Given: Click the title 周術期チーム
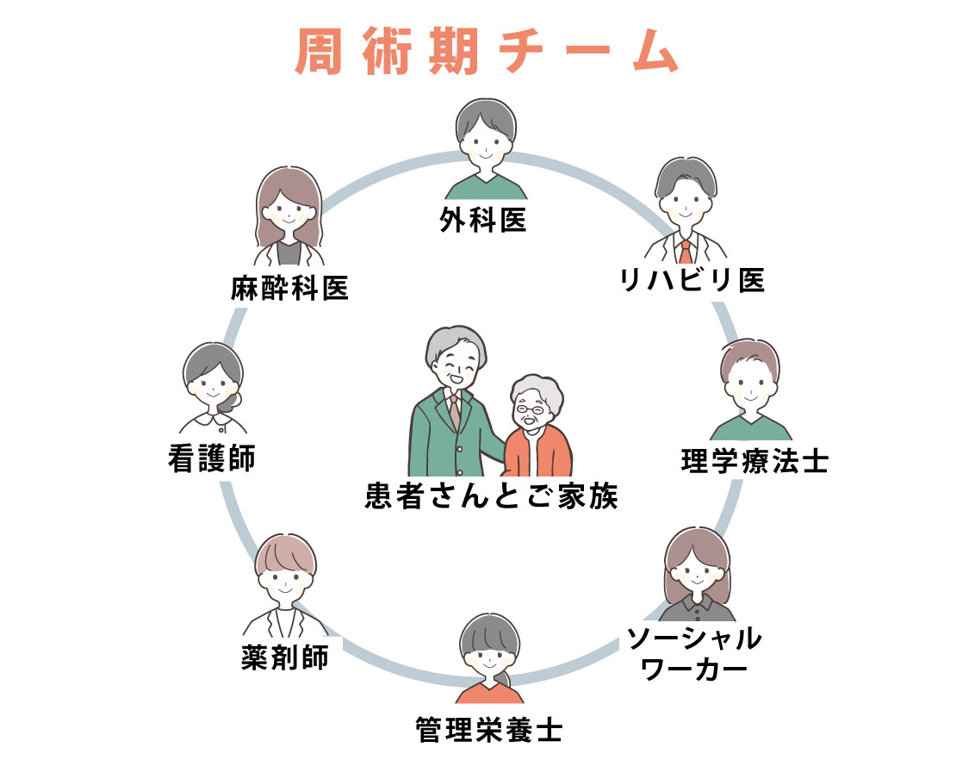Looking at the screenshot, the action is coord(487,51).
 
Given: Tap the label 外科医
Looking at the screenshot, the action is coord(483,220).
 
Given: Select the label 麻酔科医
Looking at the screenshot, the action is coord(289,288).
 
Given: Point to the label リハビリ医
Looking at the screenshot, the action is coord(692,280).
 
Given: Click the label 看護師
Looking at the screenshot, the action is coord(212,458).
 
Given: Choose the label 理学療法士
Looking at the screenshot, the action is coord(755,461).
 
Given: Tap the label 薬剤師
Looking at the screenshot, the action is coord(285,657).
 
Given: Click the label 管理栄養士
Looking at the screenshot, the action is coord(488,730).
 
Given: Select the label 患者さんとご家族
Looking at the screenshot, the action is coord(491,495).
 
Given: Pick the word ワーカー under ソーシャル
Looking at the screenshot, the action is coord(694,670).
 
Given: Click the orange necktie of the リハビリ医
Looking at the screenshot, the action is coord(686,252).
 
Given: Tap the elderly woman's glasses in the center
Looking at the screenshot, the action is coord(530,410).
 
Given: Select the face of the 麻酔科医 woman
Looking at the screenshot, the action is coord(289,209).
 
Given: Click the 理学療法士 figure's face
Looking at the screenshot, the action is coord(750,384).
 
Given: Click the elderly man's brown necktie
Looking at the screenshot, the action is coord(455,410).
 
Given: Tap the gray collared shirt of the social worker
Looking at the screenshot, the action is coord(697,609).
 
